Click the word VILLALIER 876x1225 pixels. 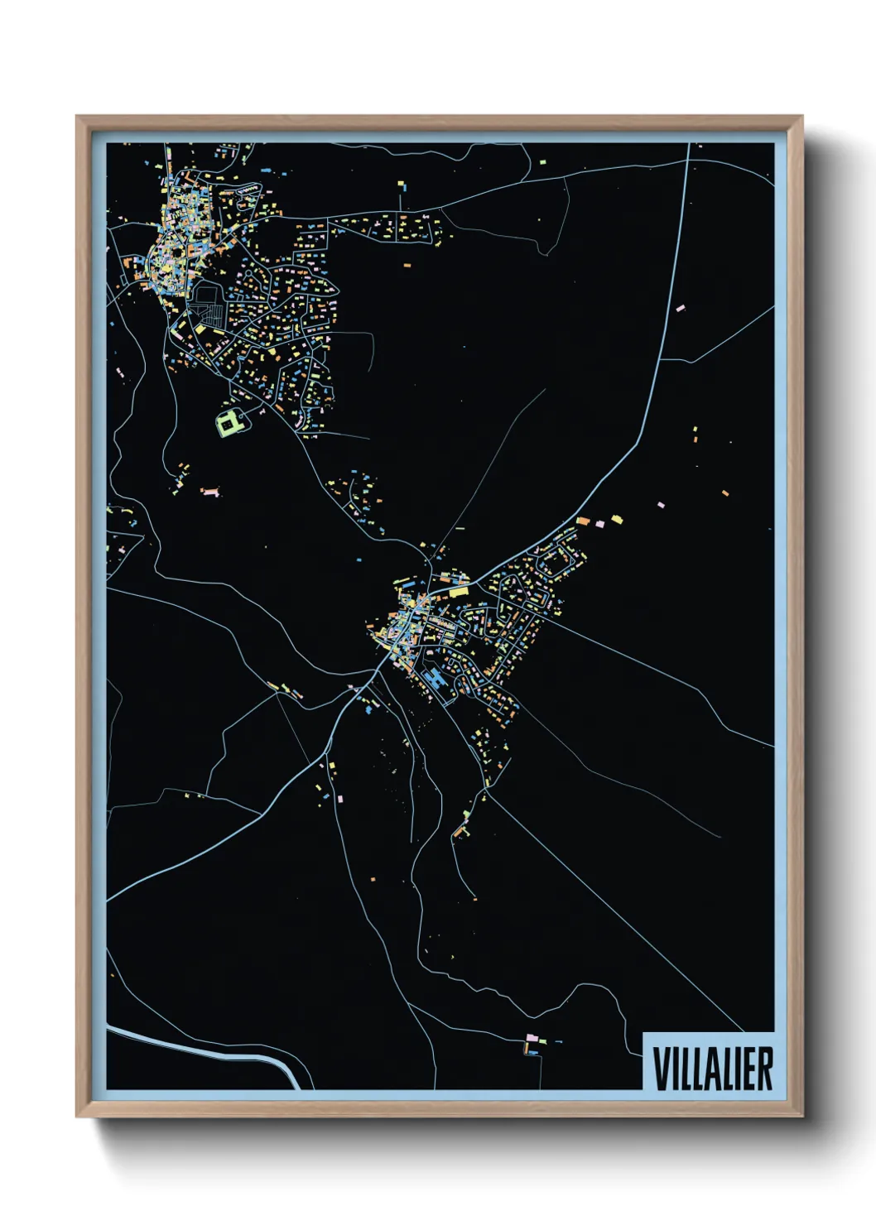pyautogui.click(x=712, y=1069)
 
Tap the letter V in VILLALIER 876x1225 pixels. pyautogui.click(x=661, y=1069)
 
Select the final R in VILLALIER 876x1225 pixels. pyautogui.click(x=765, y=1069)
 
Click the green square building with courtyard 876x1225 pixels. pyautogui.click(x=229, y=423)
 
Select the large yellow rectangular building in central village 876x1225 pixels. pyautogui.click(x=458, y=591)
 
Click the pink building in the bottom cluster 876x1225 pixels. pyautogui.click(x=532, y=1037)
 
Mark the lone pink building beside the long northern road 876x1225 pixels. pyautogui.click(x=681, y=308)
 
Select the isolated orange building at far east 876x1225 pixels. pyautogui.click(x=725, y=494)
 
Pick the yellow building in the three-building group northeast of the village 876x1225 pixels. pyautogui.click(x=617, y=519)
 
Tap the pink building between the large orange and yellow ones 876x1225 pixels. pyautogui.click(x=599, y=523)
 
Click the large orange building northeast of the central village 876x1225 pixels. pyautogui.click(x=583, y=521)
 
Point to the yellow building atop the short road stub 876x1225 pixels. pyautogui.click(x=401, y=184)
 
